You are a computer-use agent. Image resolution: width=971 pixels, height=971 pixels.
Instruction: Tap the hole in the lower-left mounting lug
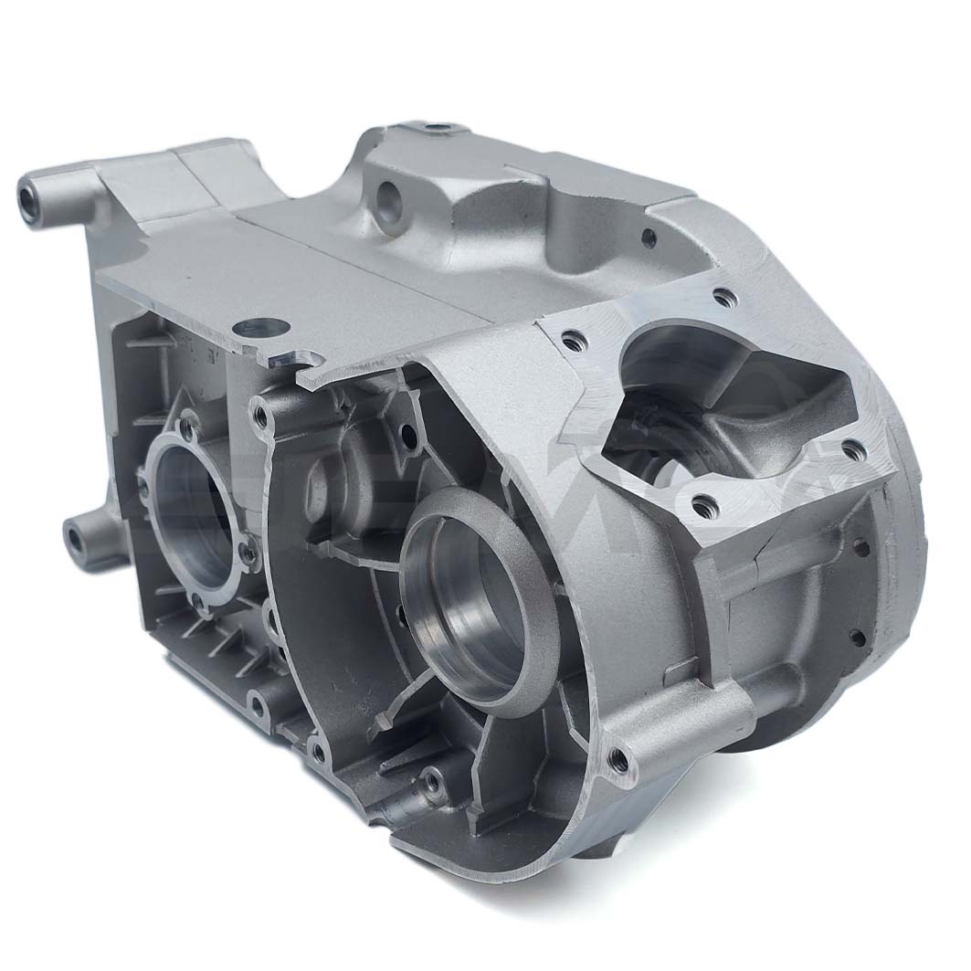point(76,538)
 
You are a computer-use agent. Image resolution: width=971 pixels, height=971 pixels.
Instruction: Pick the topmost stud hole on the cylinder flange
point(723,297)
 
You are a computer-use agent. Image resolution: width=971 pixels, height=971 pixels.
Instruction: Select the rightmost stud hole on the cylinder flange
point(852,449)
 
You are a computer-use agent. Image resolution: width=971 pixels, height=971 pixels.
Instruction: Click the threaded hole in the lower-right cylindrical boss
point(620,757)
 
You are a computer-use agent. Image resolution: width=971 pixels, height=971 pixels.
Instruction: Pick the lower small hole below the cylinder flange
point(859,637)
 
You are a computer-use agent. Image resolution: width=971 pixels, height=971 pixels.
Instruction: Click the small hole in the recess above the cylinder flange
point(649,238)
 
